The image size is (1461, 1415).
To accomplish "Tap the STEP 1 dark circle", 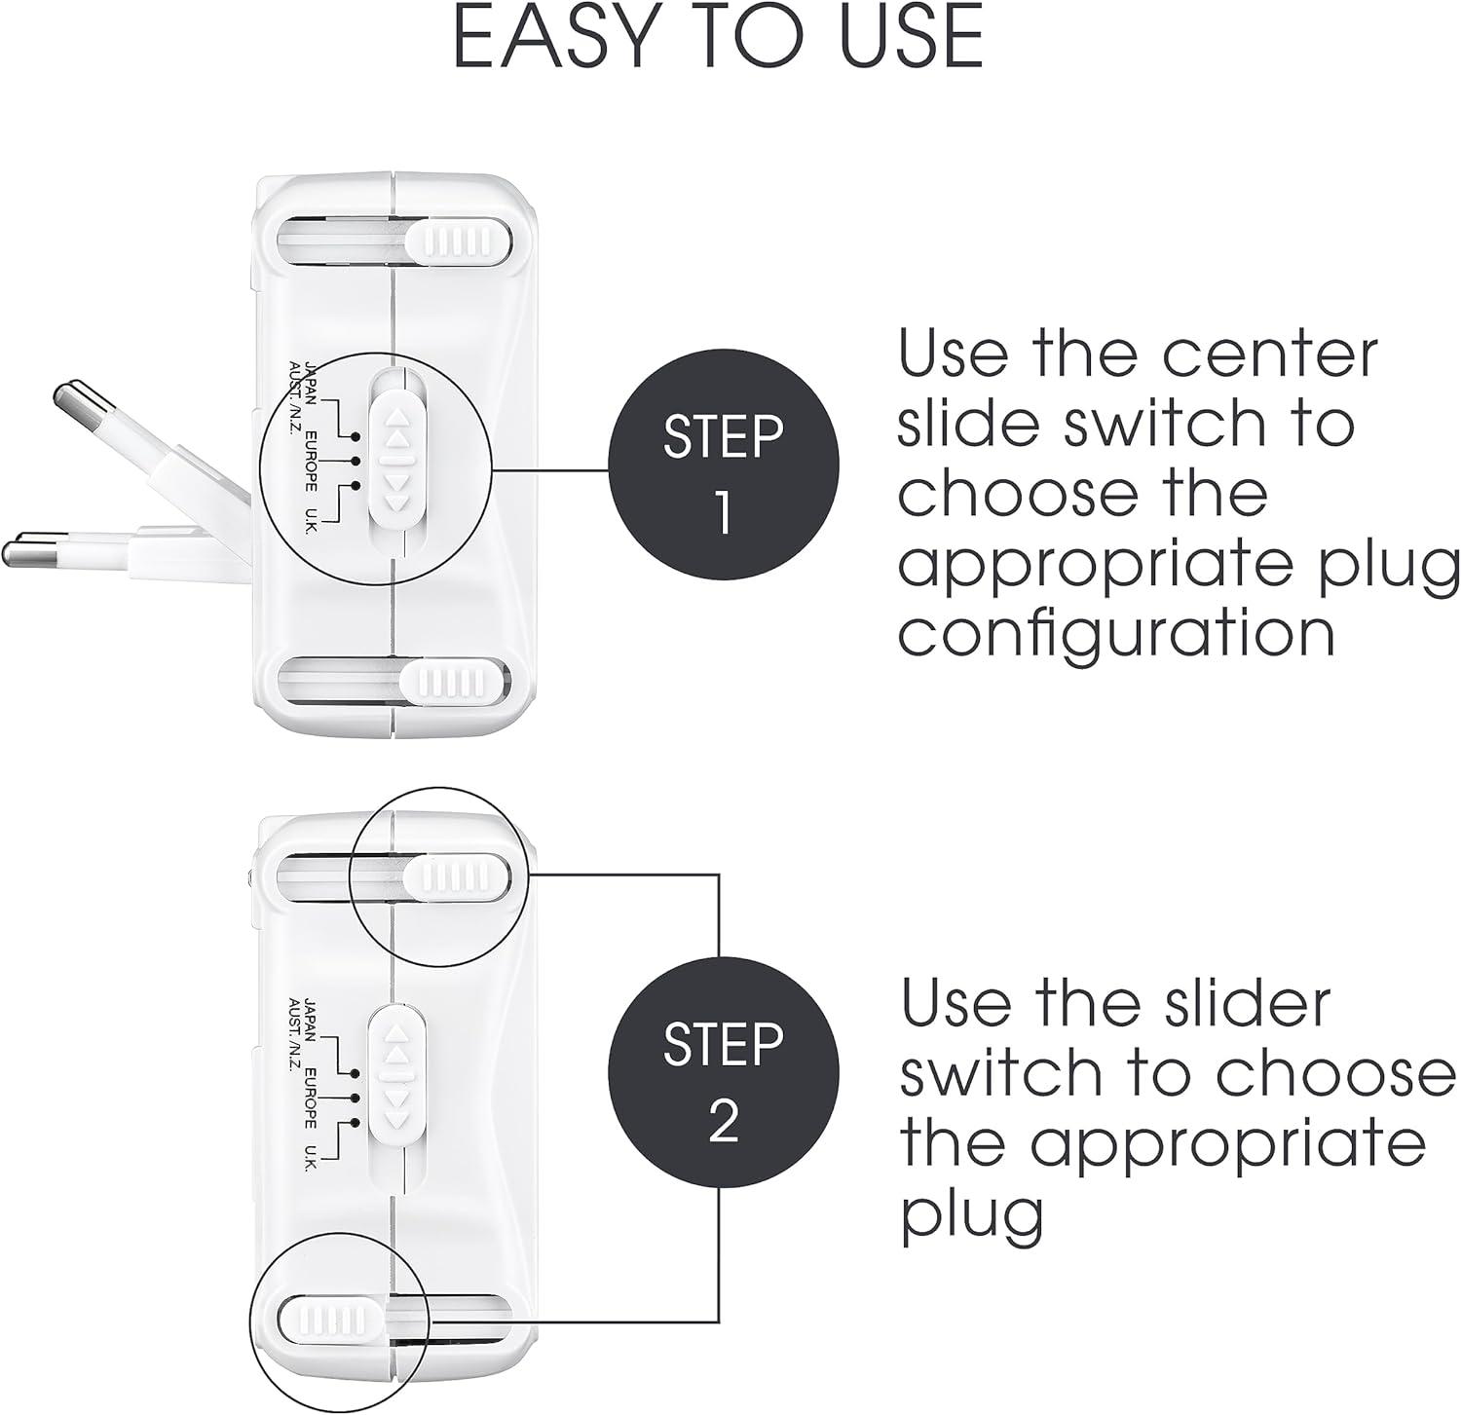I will (723, 473).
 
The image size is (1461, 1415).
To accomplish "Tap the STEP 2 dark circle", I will (723, 1081).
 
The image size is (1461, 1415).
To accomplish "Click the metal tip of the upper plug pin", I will (70, 400).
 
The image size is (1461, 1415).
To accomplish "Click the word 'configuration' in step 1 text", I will (1115, 635).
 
